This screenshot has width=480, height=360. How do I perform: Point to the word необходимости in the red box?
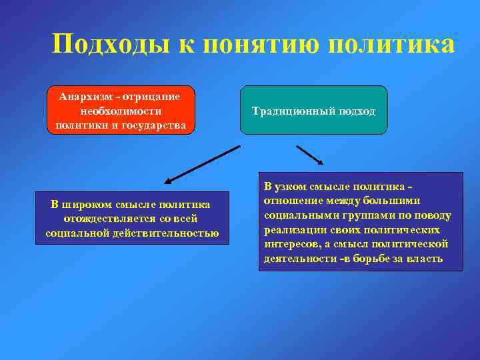(121, 111)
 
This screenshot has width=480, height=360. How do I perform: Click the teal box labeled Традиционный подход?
(314, 111)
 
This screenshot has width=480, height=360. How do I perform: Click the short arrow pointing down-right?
(310, 155)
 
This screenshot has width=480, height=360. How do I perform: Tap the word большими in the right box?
(397, 201)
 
